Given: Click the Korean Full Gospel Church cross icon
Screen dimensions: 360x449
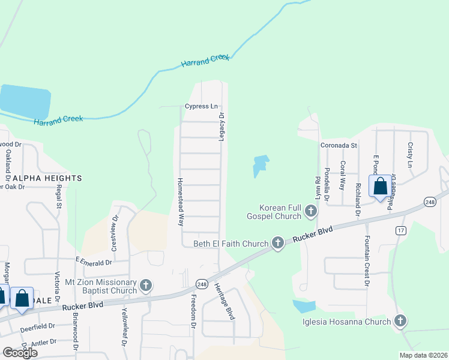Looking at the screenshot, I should click(x=310, y=211).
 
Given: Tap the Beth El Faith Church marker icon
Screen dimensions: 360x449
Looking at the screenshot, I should click(x=277, y=243).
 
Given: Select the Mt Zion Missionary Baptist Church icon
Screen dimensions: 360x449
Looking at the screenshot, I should click(x=146, y=286).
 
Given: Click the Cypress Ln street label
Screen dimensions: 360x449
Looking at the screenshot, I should click(x=201, y=107).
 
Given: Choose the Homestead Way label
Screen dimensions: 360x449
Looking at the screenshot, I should click(x=179, y=201).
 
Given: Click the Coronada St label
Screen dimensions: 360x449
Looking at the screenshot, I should click(x=338, y=145).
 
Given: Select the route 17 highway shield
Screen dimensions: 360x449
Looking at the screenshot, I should click(x=401, y=230).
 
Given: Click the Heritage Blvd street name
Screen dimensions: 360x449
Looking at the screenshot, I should click(x=224, y=301).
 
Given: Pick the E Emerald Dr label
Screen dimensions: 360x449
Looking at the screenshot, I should click(x=94, y=262).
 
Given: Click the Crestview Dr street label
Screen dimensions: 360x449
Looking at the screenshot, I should click(x=115, y=235).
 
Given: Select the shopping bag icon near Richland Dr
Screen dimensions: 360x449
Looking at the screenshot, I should click(x=381, y=186).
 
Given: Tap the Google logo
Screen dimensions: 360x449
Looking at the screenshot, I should click(x=20, y=353).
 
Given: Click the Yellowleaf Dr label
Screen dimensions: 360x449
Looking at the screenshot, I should click(x=125, y=328).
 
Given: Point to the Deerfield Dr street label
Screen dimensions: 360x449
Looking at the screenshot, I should click(x=37, y=326).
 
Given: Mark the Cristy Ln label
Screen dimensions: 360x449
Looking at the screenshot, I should click(x=411, y=155).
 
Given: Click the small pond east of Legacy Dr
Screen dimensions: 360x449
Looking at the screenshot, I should click(x=259, y=165).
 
